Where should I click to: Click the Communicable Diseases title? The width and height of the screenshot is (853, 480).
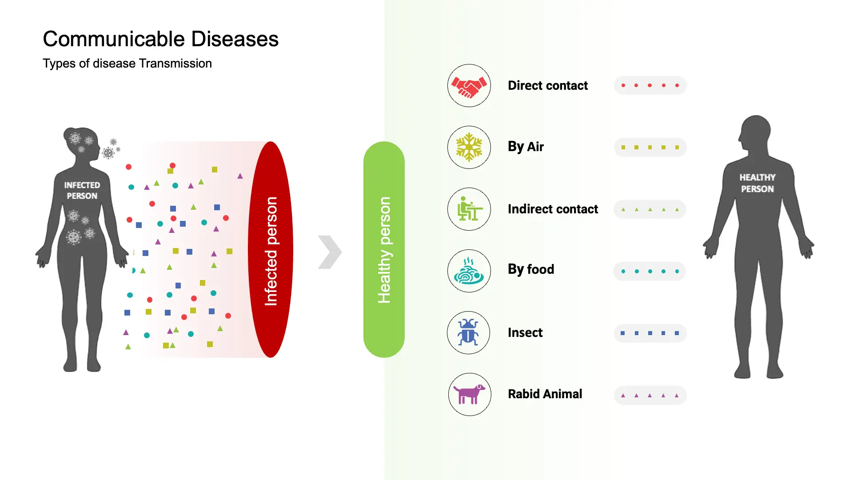pyautogui.click(x=160, y=39)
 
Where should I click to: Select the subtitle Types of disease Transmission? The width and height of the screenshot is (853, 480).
pyautogui.click(x=127, y=64)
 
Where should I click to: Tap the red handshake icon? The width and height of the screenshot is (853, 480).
pyautogui.click(x=469, y=85)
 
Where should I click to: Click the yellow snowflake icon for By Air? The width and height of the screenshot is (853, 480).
pyautogui.click(x=469, y=147)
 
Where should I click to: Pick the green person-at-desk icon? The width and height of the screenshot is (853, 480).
pyautogui.click(x=469, y=209)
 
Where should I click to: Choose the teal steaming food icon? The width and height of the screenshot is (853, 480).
pyautogui.click(x=469, y=271)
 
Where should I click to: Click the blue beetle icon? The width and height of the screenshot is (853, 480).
pyautogui.click(x=468, y=332)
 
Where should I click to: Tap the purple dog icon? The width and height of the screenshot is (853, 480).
pyautogui.click(x=469, y=394)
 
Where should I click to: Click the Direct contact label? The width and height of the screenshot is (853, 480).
pyautogui.click(x=547, y=85)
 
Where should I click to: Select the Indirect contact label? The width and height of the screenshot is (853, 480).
pyautogui.click(x=553, y=209)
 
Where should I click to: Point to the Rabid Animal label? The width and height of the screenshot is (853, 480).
pyautogui.click(x=545, y=394)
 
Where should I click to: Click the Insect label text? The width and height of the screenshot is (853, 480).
pyautogui.click(x=525, y=332)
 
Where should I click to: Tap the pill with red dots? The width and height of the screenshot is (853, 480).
pyautogui.click(x=650, y=85)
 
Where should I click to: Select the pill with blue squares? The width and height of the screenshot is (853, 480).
pyautogui.click(x=650, y=333)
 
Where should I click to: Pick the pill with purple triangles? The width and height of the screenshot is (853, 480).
pyautogui.click(x=650, y=395)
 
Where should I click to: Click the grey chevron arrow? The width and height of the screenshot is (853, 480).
pyautogui.click(x=330, y=252)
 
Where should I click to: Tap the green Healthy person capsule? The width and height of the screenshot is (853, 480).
pyautogui.click(x=384, y=249)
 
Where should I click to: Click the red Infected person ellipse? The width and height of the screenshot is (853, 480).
pyautogui.click(x=271, y=249)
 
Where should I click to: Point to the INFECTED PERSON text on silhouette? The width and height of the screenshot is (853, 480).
pyautogui.click(x=82, y=190)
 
